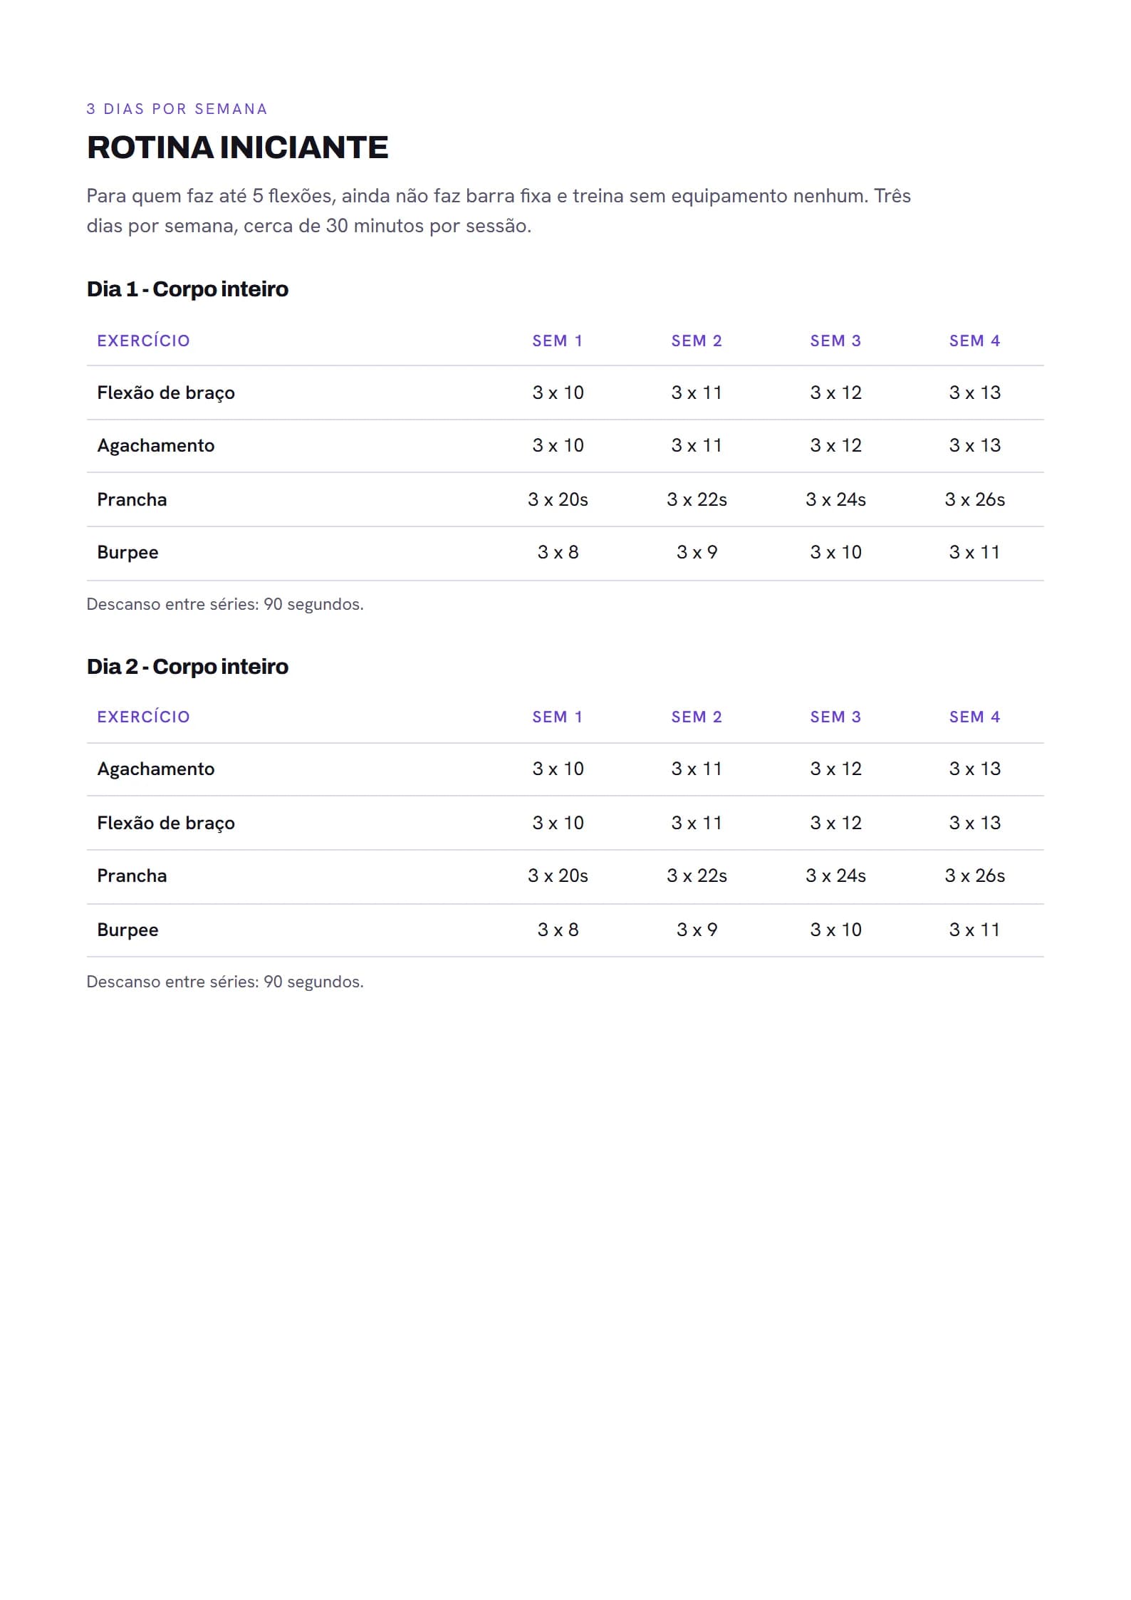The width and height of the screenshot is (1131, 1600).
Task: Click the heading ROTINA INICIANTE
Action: pos(237,147)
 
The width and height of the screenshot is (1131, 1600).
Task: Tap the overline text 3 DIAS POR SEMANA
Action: pos(177,109)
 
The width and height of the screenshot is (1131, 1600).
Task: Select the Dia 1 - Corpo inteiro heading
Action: pos(187,289)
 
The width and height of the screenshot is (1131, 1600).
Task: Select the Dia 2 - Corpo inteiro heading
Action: pos(187,667)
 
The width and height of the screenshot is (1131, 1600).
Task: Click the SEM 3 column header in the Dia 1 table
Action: pos(835,341)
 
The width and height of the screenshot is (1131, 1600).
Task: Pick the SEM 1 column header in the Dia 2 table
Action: pos(558,717)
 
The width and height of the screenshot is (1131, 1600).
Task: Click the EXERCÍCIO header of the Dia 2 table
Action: pos(143,717)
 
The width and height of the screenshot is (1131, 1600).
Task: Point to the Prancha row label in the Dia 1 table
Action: pos(132,499)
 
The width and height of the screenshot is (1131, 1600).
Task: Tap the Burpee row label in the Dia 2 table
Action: pos(127,930)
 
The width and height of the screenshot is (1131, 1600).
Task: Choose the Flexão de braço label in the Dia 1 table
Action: pos(166,393)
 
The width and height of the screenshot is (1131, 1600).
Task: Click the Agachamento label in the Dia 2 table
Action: pos(155,769)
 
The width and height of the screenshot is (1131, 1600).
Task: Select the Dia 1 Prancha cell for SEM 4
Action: pos(974,499)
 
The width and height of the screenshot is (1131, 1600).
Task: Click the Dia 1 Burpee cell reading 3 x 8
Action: pos(558,552)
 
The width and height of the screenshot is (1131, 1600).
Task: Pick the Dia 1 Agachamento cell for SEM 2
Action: pos(697,445)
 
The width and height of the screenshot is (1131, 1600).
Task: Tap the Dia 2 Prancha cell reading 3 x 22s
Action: pos(697,876)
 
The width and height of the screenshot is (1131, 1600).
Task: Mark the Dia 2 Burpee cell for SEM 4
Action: pos(974,930)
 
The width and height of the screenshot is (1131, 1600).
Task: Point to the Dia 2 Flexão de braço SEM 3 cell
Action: pos(835,823)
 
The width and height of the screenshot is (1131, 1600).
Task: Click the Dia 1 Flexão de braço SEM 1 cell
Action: pos(558,393)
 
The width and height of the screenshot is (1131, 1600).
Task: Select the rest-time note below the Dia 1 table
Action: pos(225,604)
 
